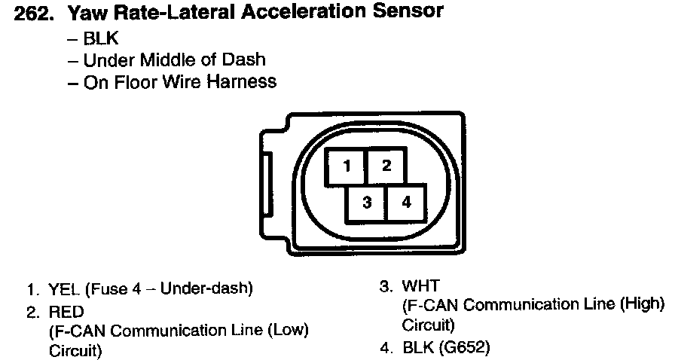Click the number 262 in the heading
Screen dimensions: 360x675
[35, 13]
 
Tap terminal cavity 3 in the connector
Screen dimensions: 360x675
[366, 203]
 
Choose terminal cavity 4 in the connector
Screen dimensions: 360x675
[406, 203]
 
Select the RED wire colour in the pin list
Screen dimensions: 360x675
[66, 310]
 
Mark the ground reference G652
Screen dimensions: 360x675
[466, 348]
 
